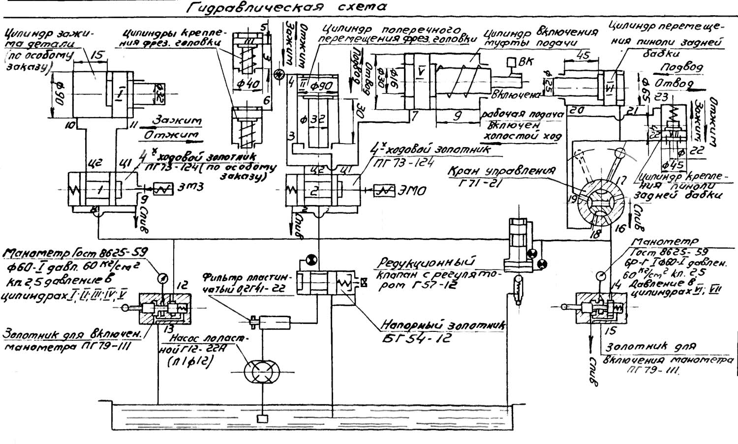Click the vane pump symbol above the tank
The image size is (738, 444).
[x=262, y=370]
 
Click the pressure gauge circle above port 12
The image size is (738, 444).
[x=161, y=278]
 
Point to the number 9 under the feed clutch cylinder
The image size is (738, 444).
[x=458, y=117]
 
